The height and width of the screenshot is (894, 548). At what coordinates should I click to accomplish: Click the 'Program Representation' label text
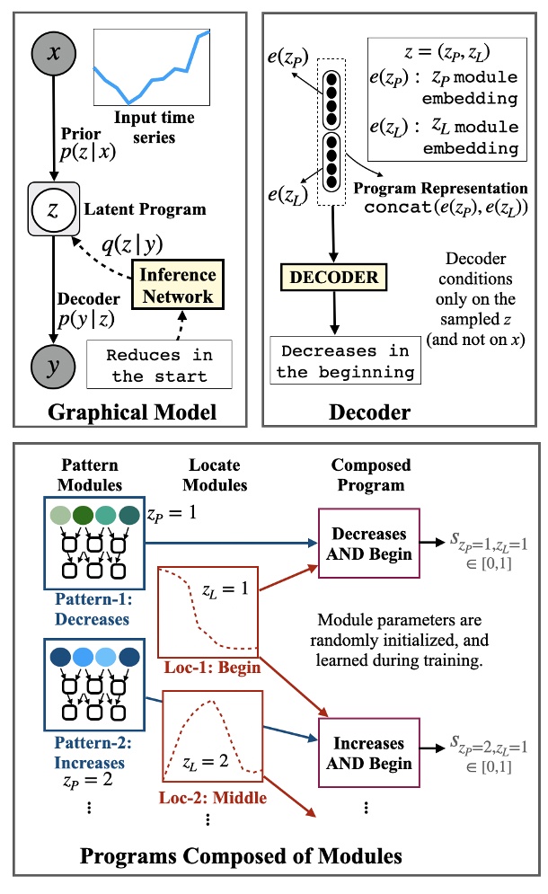[440, 188]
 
